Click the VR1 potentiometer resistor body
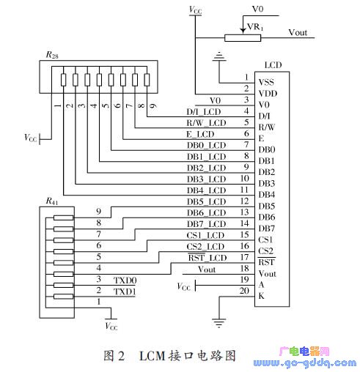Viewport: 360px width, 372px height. [243, 38]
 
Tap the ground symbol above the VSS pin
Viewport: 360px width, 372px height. [219, 56]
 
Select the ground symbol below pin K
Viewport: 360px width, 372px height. [218, 323]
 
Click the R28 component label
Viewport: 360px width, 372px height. [52, 55]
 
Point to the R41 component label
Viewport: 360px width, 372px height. [52, 201]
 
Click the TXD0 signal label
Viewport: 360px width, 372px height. [125, 280]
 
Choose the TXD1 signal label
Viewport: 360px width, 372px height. [125, 291]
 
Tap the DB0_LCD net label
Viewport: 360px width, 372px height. [206, 146]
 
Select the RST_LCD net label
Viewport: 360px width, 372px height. [207, 258]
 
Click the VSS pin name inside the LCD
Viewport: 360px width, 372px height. [266, 82]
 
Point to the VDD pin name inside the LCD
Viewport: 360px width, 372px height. [268, 94]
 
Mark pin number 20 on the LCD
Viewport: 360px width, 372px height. [244, 291]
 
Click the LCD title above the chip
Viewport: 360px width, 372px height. [273, 65]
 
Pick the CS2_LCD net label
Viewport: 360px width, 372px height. [205, 247]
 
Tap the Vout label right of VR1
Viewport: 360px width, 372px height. [298, 32]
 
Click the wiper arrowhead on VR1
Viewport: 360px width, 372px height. [243, 31]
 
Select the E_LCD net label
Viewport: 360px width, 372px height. [200, 134]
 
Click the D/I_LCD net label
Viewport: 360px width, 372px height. [204, 112]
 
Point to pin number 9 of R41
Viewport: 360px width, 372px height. [98, 212]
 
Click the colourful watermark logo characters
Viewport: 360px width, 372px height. [304, 351]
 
